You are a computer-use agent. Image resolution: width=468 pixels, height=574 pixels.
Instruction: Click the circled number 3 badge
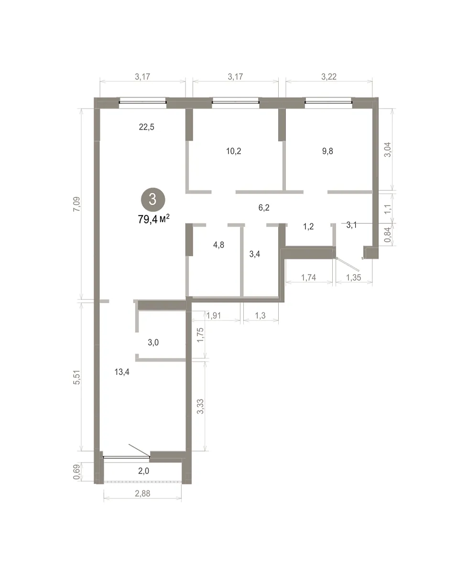point(153,200)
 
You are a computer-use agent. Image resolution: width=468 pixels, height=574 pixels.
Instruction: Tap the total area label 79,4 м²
point(154,219)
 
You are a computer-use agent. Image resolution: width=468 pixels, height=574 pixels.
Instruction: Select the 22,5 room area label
point(147,127)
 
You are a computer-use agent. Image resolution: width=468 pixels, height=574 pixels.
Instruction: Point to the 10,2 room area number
point(234,151)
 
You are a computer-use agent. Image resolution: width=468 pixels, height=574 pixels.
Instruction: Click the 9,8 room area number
point(327,151)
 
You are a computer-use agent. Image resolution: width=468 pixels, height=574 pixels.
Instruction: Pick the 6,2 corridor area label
point(264,208)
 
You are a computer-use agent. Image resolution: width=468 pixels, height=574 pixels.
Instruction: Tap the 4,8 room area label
point(218,245)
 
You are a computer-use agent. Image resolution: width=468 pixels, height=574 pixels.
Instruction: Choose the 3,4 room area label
point(255,254)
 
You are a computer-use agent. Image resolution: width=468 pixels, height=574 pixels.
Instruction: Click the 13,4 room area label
point(122,372)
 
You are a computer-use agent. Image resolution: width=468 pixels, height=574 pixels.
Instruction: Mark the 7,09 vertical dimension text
point(77,204)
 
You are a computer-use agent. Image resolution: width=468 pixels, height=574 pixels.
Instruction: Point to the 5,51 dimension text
point(77,377)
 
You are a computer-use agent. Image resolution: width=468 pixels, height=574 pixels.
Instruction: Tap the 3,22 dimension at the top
point(329,77)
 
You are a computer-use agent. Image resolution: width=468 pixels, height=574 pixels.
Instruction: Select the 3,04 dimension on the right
point(388,149)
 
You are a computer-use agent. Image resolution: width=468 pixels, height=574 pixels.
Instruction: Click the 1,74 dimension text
point(309,277)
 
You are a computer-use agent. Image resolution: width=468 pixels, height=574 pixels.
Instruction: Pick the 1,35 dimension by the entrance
point(353,277)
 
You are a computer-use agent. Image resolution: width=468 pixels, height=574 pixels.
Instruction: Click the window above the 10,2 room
point(236,102)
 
